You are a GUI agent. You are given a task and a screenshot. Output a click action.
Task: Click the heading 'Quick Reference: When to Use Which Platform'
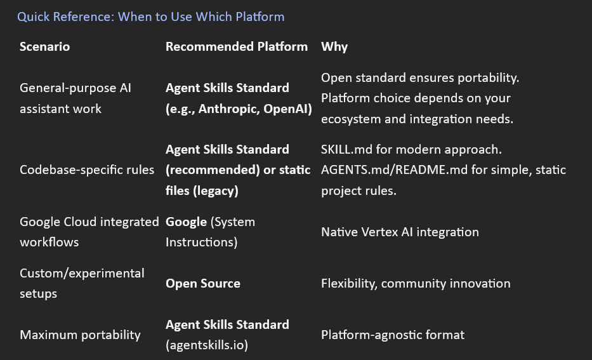coord(150,17)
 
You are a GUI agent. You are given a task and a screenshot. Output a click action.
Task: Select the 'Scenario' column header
coord(44,46)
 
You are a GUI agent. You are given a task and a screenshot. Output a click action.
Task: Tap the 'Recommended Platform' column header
coord(236,46)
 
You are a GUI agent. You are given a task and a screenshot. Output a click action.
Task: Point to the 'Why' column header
coord(334,46)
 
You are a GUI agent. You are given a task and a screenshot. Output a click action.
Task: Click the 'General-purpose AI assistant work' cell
coord(75,98)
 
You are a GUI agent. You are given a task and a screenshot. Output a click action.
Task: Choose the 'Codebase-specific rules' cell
coord(87,170)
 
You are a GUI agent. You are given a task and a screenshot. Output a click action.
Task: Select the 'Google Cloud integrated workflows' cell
coord(89,232)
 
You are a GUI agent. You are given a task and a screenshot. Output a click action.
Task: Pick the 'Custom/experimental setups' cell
coord(82,283)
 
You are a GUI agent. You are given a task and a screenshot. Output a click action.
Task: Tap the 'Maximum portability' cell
coord(80,335)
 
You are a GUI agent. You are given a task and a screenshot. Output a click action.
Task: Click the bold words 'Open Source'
coord(202,284)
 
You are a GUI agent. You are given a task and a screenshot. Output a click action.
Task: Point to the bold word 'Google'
coord(186,222)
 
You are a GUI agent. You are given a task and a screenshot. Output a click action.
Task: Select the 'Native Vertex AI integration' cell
coord(400,232)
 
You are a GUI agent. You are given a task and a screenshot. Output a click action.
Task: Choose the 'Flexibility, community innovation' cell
coord(416,283)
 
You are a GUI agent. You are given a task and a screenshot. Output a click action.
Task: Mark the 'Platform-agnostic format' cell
coord(393,335)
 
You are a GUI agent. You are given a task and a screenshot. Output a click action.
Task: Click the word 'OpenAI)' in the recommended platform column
coord(289,109)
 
